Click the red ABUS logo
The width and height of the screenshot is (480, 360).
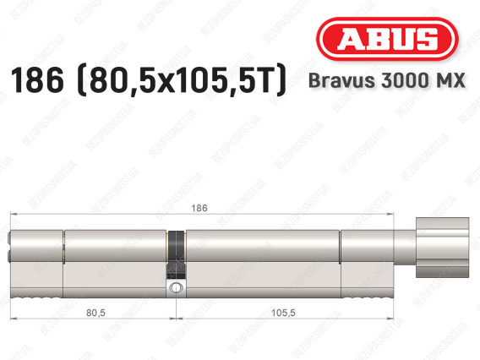coord(387,39)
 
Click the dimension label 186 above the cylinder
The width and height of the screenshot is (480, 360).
coord(199,208)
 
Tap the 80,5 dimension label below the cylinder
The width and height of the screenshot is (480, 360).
coord(95,313)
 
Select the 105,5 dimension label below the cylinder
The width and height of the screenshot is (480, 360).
coord(283,313)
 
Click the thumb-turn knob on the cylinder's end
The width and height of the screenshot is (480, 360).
coord(442,248)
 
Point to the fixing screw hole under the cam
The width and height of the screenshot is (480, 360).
coord(176,288)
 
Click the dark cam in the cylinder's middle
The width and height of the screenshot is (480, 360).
coord(176,254)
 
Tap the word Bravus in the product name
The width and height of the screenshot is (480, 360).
coord(341,81)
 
